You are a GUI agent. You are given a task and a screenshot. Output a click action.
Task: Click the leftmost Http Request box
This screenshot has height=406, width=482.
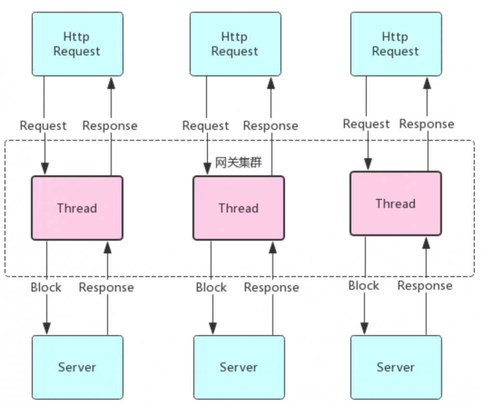click(x=77, y=44)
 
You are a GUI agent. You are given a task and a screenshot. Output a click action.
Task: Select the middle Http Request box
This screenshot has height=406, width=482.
click(x=235, y=44)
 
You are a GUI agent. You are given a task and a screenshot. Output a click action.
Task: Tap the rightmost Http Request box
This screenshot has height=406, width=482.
click(x=396, y=44)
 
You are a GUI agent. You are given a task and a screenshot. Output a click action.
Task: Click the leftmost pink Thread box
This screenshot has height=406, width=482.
click(x=77, y=208)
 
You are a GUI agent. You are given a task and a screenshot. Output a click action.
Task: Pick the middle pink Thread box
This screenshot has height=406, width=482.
click(x=238, y=208)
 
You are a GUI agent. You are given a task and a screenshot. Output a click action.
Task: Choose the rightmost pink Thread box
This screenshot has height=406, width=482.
click(x=396, y=203)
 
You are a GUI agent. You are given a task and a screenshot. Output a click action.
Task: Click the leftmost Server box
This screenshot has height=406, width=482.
click(x=77, y=367)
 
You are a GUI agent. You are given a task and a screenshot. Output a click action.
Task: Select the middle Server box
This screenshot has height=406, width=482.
click(x=238, y=367)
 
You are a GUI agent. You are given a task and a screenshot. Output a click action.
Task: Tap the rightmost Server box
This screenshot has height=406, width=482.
click(x=396, y=367)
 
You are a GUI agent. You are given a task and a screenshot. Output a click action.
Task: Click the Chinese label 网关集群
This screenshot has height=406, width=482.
click(x=238, y=163)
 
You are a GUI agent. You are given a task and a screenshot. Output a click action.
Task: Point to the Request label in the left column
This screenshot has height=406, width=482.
click(x=43, y=126)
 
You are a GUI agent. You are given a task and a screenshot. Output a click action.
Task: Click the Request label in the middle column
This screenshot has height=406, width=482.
click(x=206, y=126)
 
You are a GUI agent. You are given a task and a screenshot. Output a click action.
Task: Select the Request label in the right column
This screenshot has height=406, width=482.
click(x=366, y=124)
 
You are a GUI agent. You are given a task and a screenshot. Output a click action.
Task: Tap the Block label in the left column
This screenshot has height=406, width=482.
click(x=46, y=288)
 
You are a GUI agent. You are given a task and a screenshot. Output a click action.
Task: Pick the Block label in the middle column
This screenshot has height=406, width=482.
click(x=211, y=288)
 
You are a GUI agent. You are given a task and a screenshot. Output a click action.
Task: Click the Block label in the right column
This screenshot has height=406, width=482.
click(x=364, y=286)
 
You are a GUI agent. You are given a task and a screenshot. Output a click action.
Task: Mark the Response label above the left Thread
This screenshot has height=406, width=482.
click(x=110, y=126)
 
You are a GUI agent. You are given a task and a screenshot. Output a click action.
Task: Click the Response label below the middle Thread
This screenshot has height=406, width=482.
click(x=271, y=288)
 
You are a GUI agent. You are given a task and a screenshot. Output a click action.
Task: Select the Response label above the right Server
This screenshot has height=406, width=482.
click(x=425, y=286)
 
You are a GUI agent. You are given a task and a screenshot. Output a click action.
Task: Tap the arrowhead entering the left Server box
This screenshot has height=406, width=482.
click(x=47, y=329)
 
